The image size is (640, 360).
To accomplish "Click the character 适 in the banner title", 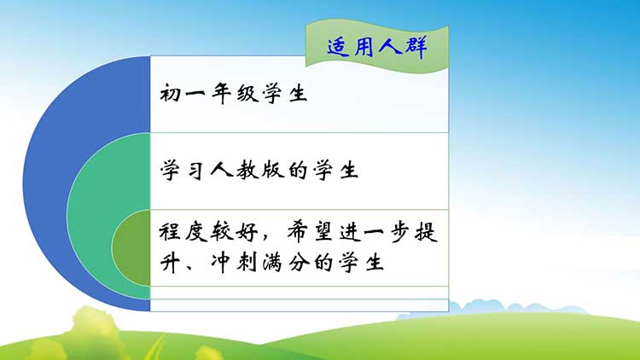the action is point(339,47).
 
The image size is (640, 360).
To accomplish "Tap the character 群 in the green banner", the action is point(416,47).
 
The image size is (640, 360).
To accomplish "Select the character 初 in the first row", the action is point(170,93).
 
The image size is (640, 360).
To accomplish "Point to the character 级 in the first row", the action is point(247,94).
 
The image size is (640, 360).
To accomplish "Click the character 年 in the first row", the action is point(222,94).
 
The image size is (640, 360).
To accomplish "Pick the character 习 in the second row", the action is point(195,171).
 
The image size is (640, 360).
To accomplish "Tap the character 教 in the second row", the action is point(247,170).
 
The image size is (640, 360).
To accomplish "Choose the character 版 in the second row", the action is point(273,170).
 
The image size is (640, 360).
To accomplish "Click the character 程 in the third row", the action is point(170,232).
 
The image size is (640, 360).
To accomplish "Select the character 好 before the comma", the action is point(247,232).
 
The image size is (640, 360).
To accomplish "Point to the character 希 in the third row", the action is point(299,232).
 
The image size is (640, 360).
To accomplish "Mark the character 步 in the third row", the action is point(401,232).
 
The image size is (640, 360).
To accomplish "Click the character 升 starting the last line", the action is point(170,262).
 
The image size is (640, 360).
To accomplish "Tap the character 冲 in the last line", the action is point(222,262).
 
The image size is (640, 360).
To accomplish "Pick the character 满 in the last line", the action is point(272,262).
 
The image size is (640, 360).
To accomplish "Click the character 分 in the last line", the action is point(299,262).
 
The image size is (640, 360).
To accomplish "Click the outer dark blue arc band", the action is point(45,183).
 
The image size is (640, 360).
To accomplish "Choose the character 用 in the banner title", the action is point(364,46).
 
